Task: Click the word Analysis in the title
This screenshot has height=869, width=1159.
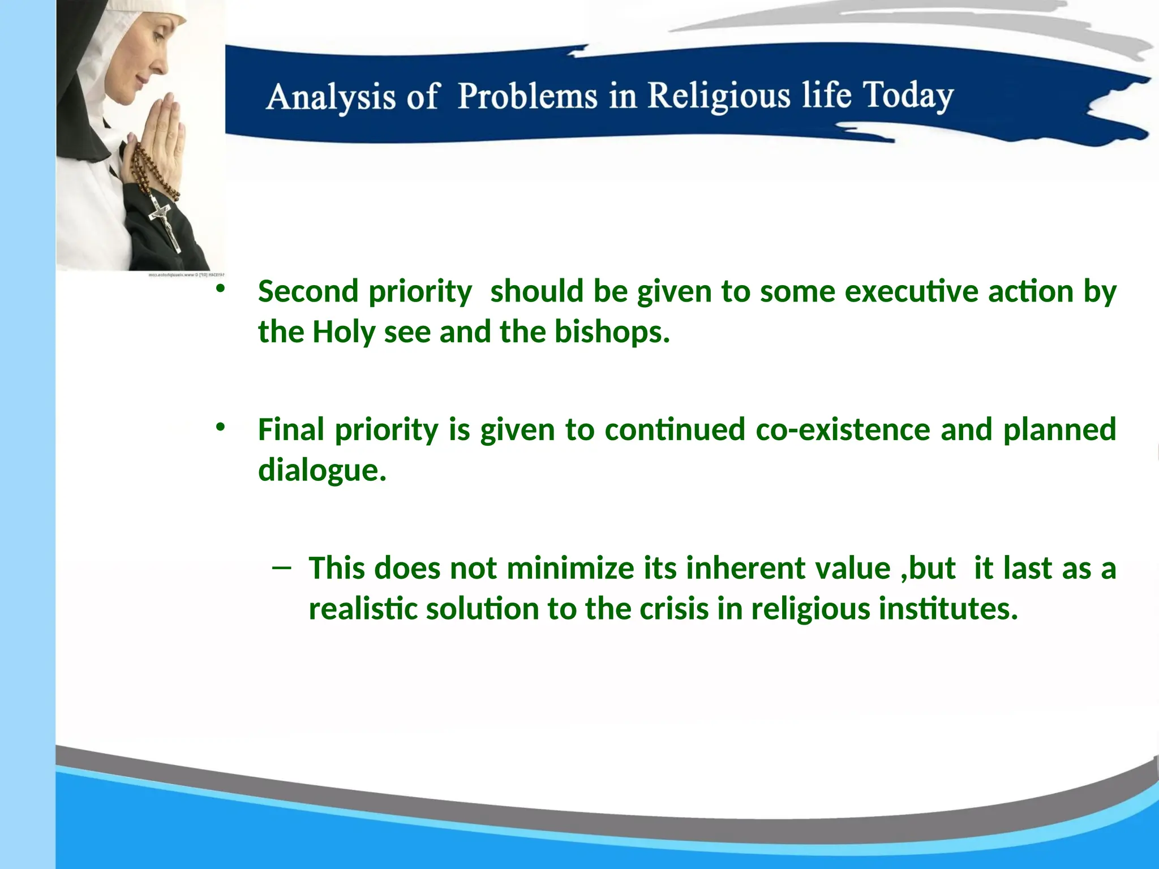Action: point(330,97)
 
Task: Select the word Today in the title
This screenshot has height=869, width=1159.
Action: point(908,96)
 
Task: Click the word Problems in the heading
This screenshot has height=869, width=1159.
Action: point(527,96)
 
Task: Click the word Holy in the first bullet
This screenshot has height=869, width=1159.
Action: point(344,332)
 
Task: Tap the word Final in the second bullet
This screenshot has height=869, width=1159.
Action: point(292,429)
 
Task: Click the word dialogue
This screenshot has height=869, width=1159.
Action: point(321,470)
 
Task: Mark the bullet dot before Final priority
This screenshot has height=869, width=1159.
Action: point(220,427)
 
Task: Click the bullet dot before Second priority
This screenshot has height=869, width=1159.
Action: point(220,289)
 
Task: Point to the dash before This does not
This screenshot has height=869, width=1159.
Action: point(281,567)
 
